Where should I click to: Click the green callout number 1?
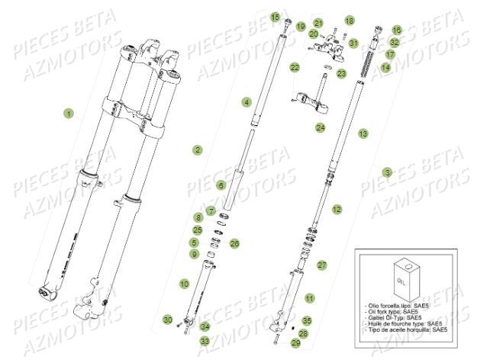tap(69, 114)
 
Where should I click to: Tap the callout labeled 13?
tap(363, 133)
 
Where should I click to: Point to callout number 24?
tap(321, 127)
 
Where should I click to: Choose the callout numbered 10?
tap(184, 284)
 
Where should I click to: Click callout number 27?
tap(322, 265)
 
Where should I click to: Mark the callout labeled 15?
tap(275, 16)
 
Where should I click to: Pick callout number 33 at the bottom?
tap(204, 341)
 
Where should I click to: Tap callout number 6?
tap(221, 185)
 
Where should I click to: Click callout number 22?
tap(295, 68)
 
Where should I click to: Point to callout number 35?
tap(308, 320)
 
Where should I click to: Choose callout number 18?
tap(349, 21)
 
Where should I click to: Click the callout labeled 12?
tap(337, 208)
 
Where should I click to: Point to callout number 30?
tap(167, 319)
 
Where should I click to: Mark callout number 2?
tap(197, 150)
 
